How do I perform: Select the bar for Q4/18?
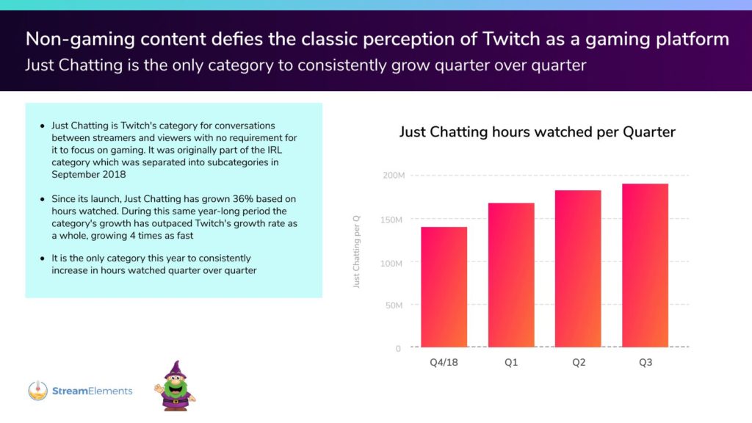click(444, 287)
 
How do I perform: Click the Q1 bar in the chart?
click(511, 275)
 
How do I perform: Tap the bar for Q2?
click(578, 269)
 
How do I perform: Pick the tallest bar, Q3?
click(645, 265)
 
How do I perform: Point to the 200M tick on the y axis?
click(394, 176)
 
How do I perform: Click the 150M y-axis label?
click(391, 220)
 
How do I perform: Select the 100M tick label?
click(391, 264)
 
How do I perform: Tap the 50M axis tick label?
click(394, 305)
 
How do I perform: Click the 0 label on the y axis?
click(398, 349)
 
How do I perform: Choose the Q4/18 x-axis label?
click(444, 363)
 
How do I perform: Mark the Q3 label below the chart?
click(646, 363)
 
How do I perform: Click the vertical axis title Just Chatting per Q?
click(356, 252)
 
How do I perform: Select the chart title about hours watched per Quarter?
click(537, 132)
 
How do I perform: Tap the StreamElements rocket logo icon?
click(38, 391)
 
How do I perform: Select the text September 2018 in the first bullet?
click(89, 175)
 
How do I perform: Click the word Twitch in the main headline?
click(511, 39)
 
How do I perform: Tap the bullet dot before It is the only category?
click(42, 258)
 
